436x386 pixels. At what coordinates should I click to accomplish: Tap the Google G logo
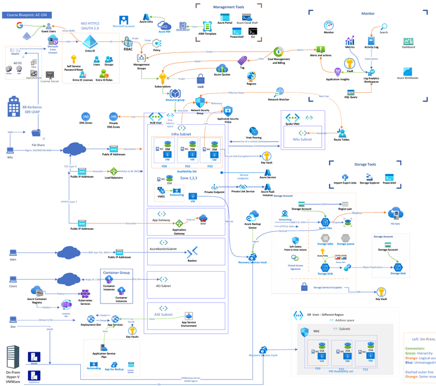click(20, 26)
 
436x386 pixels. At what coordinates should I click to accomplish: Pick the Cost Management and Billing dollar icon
click(278, 52)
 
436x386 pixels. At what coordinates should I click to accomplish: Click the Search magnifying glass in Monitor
click(384, 26)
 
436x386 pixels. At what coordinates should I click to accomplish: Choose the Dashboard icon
click(408, 42)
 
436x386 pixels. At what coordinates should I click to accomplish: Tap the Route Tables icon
click(341, 132)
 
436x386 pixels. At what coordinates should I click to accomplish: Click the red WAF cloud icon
click(203, 219)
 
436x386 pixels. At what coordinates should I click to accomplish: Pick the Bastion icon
click(191, 251)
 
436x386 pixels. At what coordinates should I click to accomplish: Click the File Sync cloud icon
click(396, 213)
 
